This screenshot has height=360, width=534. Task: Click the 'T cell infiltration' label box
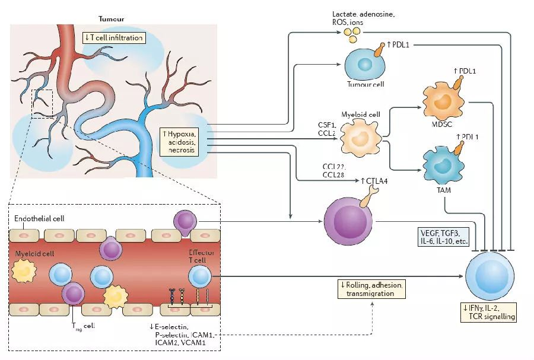tap(114, 38)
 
